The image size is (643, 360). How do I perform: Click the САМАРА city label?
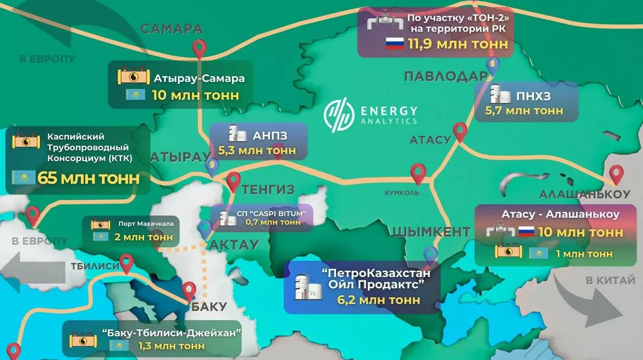172,29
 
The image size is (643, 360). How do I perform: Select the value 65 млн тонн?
88,178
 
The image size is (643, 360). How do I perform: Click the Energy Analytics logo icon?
339,115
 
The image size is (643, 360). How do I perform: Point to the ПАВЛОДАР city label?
444,77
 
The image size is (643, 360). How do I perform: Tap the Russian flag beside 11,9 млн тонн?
394,44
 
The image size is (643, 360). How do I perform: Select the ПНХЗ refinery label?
534,96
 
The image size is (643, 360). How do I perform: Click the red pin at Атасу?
460,131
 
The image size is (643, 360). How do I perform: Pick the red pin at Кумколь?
417,172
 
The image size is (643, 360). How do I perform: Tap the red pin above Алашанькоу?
617,174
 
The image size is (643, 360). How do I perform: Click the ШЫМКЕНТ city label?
431,232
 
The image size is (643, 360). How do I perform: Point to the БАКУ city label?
208,307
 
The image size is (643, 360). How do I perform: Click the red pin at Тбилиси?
126,262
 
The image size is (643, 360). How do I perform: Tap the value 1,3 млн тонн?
171,346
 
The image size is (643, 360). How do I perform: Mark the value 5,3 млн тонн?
257,151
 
